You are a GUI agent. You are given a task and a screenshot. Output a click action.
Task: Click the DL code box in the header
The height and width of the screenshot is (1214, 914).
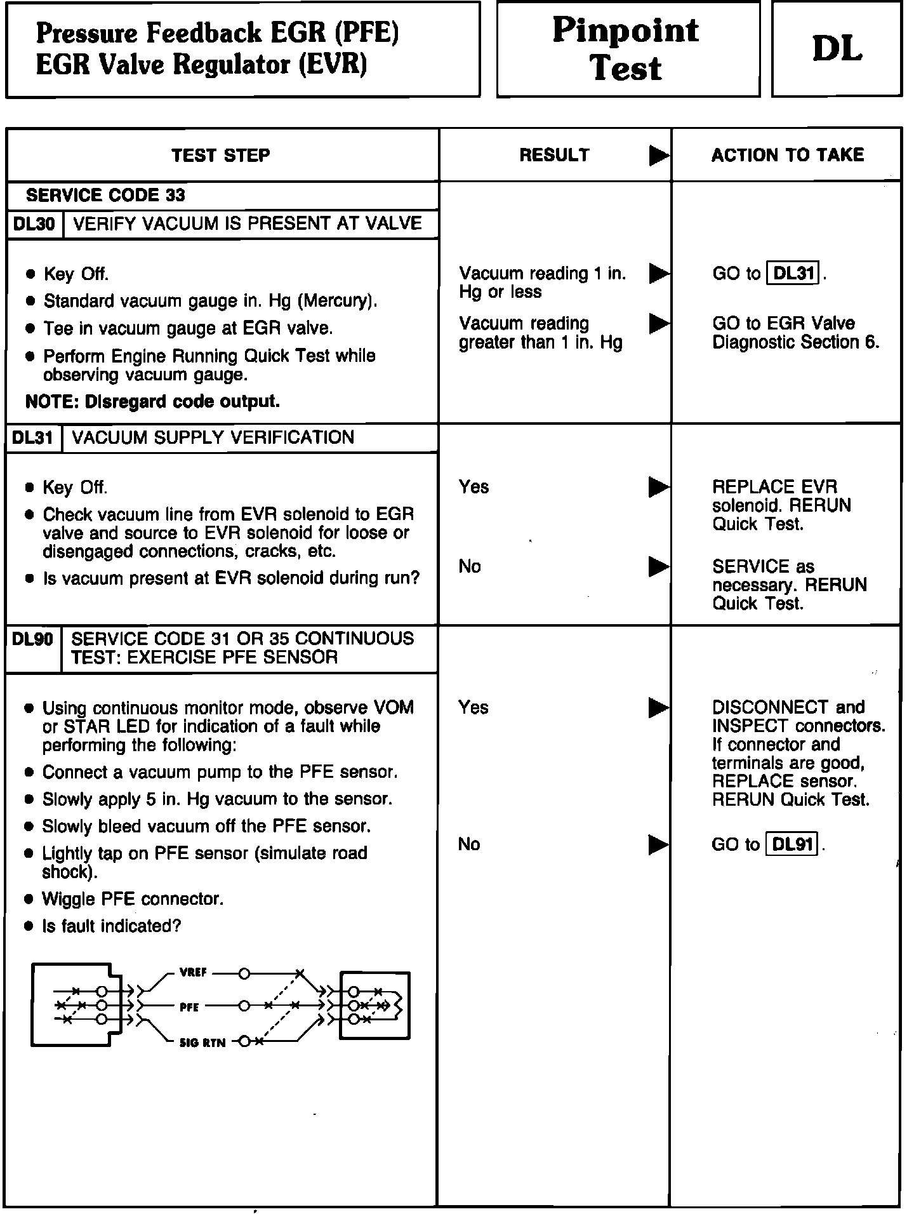(837, 49)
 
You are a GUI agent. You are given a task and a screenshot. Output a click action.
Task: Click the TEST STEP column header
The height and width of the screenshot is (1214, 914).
(221, 156)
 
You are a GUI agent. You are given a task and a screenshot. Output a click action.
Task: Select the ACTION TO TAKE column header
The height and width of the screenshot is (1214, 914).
(787, 156)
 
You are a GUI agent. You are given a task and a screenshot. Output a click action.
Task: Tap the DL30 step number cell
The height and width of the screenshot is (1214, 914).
(34, 224)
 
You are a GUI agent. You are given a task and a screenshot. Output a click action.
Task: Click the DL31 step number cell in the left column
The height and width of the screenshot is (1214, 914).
(33, 438)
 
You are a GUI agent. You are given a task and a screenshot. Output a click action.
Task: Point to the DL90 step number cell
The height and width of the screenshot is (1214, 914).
(33, 639)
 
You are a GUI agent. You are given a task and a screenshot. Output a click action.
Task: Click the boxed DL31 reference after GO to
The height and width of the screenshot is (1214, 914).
(794, 274)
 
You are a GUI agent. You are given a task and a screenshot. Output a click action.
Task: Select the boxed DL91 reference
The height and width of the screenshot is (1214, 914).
(793, 844)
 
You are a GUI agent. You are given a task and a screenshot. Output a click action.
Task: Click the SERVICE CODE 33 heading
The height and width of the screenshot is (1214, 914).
(105, 196)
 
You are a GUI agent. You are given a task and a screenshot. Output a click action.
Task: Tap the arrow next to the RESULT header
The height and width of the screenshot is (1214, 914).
(659, 156)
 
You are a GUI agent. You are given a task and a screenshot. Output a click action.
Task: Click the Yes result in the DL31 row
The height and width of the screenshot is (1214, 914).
(474, 487)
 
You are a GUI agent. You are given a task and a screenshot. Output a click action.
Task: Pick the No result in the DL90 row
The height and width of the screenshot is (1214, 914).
(469, 844)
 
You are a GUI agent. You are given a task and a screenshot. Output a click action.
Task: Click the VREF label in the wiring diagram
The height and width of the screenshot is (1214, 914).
(193, 973)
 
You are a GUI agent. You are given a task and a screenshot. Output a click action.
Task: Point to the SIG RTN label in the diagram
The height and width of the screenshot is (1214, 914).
(202, 1043)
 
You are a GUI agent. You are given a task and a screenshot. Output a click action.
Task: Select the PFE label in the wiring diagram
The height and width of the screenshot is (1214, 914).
(189, 1007)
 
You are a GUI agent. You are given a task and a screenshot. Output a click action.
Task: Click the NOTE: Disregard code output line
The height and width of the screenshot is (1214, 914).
(152, 402)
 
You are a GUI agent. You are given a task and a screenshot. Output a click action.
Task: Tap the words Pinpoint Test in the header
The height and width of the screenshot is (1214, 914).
(626, 49)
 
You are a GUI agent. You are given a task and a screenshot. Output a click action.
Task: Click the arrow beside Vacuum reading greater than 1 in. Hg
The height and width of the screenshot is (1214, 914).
(659, 324)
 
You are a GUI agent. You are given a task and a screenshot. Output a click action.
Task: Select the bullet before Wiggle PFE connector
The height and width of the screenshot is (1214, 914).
(29, 900)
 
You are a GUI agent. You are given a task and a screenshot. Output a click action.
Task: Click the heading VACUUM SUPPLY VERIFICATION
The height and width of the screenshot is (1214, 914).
(213, 438)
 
